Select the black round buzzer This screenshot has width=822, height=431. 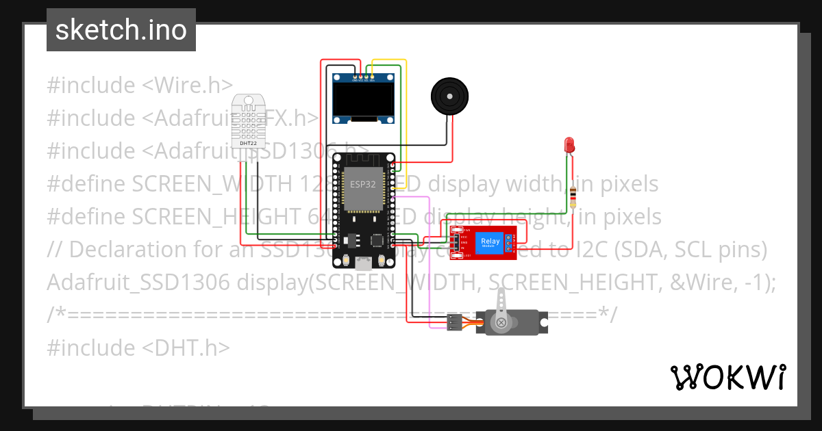[x=450, y=96]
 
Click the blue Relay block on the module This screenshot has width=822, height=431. [x=490, y=241]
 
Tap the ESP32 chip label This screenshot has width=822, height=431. [x=363, y=184]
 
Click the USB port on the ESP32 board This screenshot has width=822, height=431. [x=363, y=263]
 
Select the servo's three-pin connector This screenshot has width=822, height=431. [x=453, y=322]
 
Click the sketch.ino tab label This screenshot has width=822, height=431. [x=121, y=30]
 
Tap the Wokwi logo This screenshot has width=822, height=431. [x=727, y=377]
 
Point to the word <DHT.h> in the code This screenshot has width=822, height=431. [x=186, y=348]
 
